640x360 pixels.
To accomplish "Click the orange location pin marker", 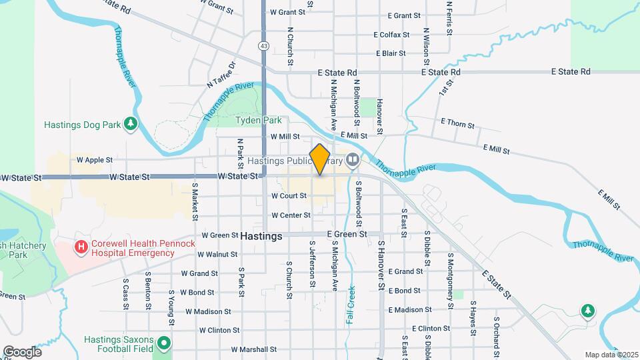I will coord(320,159).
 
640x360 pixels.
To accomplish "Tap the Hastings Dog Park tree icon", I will coord(131,123).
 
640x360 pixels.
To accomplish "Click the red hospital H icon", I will coord(81,248).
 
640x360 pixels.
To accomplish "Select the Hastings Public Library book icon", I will coord(352,160).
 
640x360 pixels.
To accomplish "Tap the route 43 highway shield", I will coord(264,46).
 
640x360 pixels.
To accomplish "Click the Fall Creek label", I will coord(350,305).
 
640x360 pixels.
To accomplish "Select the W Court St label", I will coord(289,196).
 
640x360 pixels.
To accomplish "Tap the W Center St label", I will coord(291,215).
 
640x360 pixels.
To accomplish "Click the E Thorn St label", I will coord(457,125).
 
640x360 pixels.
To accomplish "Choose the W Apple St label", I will coord(95,160).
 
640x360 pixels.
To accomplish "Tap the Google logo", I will coord(22,351).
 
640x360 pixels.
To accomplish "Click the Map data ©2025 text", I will coord(611,355).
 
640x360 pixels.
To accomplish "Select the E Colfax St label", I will coord(395,34).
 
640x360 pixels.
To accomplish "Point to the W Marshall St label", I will coord(253,349).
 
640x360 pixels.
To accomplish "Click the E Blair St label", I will coord(391,53).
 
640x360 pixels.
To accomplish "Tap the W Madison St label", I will coord(208,311).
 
